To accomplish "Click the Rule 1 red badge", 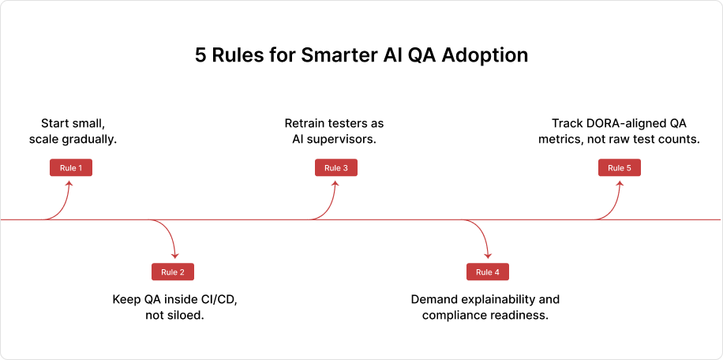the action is tap(71, 167).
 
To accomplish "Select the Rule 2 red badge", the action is tap(172, 272).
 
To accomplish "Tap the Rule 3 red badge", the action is tap(335, 167).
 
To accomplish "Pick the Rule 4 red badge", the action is tap(488, 272).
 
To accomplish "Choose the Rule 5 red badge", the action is tap(620, 167).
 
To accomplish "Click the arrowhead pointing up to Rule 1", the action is tap(71, 183).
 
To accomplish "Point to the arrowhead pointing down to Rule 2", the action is tap(174, 256).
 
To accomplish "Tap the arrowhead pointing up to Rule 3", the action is tap(335, 183).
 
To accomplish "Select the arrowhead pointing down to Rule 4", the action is tap(489, 256).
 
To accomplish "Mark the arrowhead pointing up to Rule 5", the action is tap(620, 183).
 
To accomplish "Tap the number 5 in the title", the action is tap(200, 56).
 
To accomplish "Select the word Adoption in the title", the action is tap(489, 57).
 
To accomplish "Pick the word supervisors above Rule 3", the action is tap(343, 140).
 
